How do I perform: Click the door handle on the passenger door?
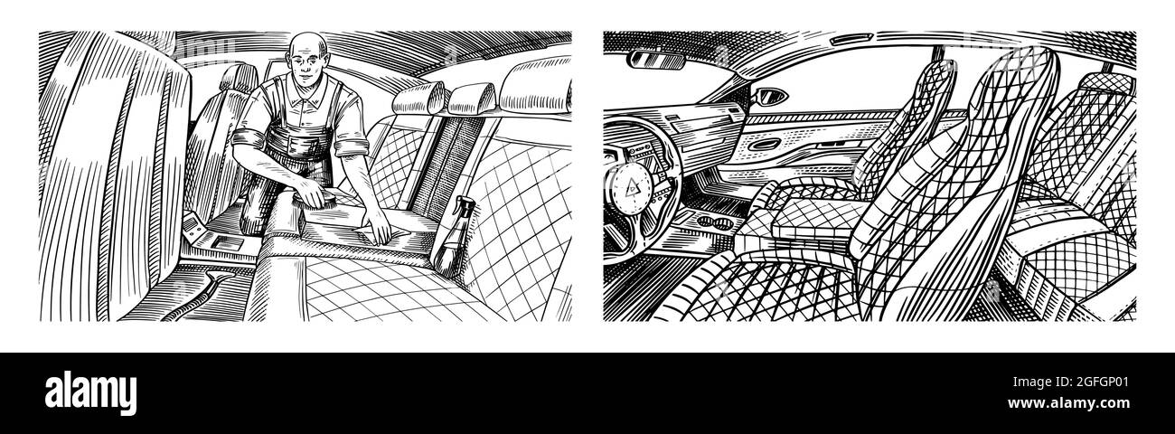pyautogui.click(x=765, y=146)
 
